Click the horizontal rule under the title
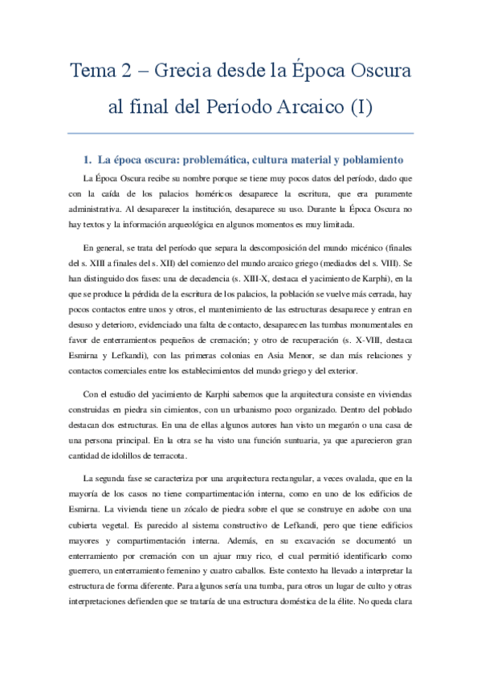coord(241,133)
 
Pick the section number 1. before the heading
coord(88,159)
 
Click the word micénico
coord(369,250)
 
